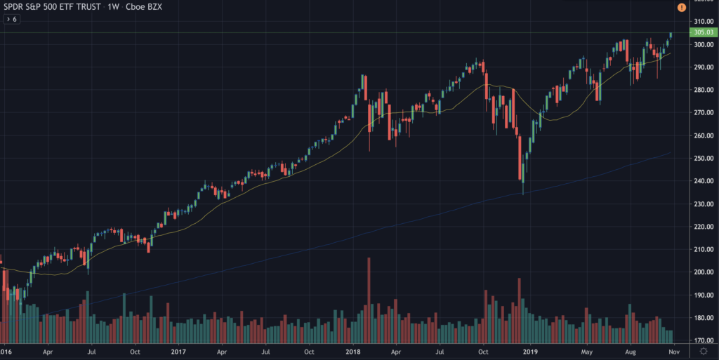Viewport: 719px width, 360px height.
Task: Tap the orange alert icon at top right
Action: (682, 7)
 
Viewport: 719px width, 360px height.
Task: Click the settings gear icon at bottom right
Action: (704, 352)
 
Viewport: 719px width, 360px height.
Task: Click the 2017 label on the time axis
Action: (178, 352)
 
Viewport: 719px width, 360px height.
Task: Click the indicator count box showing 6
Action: (12, 20)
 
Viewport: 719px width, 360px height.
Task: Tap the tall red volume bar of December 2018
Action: (520, 309)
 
